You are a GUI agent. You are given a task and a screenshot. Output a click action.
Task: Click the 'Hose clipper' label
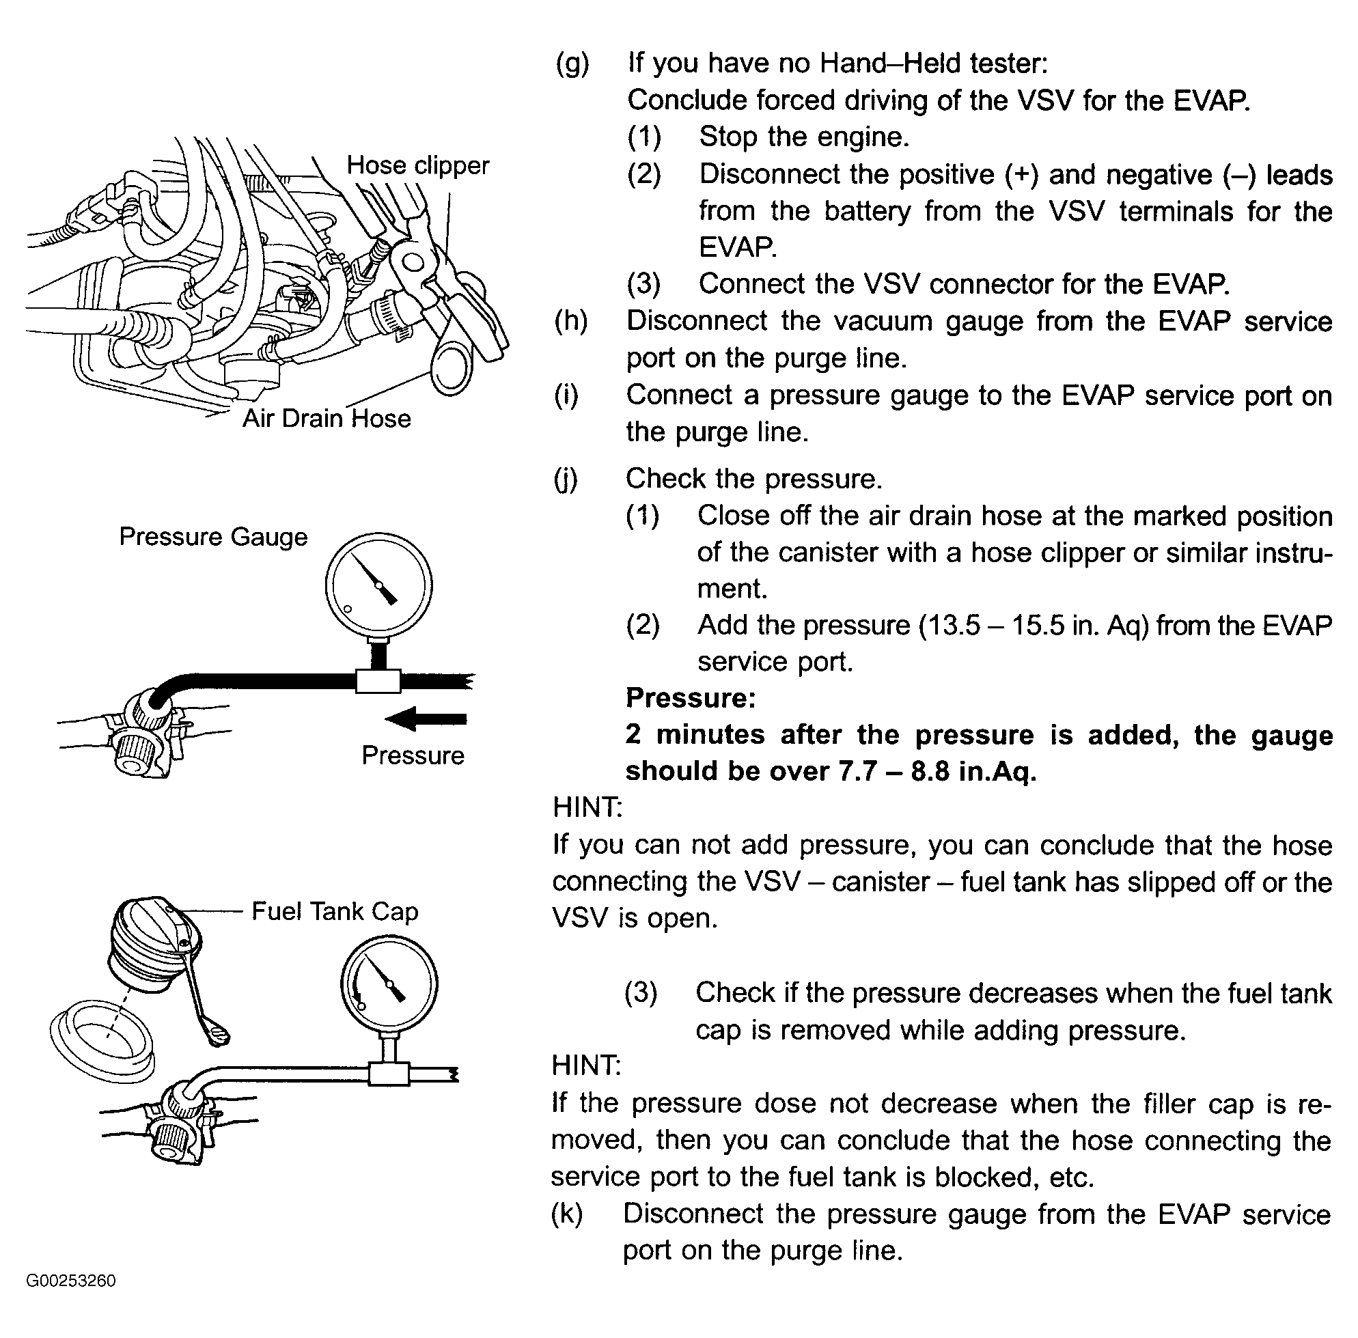pyautogui.click(x=417, y=166)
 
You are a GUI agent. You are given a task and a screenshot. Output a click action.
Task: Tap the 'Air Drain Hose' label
pyautogui.click(x=326, y=419)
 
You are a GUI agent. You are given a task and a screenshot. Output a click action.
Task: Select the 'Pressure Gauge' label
pyautogui.click(x=213, y=537)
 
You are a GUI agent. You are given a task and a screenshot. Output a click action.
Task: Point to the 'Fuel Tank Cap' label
pyautogui.click(x=335, y=911)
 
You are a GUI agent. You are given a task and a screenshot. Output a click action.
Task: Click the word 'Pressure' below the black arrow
pyautogui.click(x=413, y=755)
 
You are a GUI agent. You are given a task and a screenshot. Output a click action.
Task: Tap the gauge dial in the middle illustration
pyautogui.click(x=379, y=585)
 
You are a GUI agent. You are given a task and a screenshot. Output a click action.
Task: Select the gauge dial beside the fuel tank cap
pyautogui.click(x=389, y=982)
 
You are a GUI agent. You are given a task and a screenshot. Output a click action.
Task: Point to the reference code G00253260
pyautogui.click(x=71, y=1300)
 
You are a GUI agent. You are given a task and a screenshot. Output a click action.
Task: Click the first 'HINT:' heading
pyautogui.click(x=587, y=807)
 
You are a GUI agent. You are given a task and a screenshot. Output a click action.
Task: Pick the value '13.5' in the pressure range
pyautogui.click(x=951, y=625)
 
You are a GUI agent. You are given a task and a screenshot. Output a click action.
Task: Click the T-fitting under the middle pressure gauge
pyautogui.click(x=378, y=681)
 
